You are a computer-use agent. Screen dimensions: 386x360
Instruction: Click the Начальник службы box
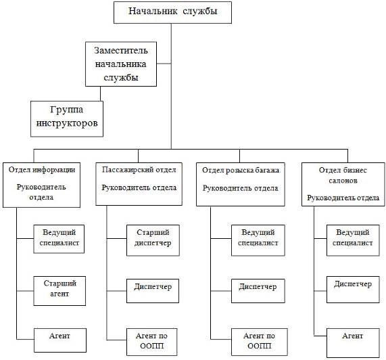click(x=172, y=12)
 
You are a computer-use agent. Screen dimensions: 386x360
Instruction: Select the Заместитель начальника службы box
click(x=121, y=64)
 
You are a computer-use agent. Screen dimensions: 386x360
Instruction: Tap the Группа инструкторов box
click(x=67, y=119)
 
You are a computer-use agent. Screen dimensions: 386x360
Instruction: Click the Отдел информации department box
click(x=41, y=185)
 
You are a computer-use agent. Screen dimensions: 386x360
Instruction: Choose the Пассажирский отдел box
click(x=139, y=183)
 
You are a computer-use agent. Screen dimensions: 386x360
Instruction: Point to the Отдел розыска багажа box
click(x=241, y=184)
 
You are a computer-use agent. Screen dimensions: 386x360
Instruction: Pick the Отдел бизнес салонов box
click(x=343, y=184)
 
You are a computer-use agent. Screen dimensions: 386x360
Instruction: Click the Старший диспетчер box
click(x=153, y=240)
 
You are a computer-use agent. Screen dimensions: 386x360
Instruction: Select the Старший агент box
click(x=59, y=291)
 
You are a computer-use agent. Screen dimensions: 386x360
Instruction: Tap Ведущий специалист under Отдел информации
click(x=59, y=239)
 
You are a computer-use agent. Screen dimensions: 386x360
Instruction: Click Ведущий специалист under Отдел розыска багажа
click(x=258, y=240)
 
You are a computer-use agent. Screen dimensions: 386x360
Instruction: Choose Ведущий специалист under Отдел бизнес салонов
click(x=353, y=240)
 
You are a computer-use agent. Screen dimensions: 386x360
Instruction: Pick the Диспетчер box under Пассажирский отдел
click(x=153, y=291)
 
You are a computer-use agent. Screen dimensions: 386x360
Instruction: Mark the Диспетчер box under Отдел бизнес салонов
click(x=353, y=290)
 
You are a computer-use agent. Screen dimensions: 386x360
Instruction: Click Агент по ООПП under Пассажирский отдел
click(x=152, y=342)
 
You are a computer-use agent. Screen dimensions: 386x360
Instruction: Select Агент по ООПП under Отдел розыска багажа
click(x=260, y=342)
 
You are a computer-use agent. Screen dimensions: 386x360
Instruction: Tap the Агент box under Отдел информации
click(x=59, y=340)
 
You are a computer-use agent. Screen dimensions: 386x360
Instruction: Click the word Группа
click(x=67, y=110)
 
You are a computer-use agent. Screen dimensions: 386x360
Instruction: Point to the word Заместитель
click(x=121, y=50)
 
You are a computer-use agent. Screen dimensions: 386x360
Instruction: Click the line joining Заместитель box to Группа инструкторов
click(x=101, y=93)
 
